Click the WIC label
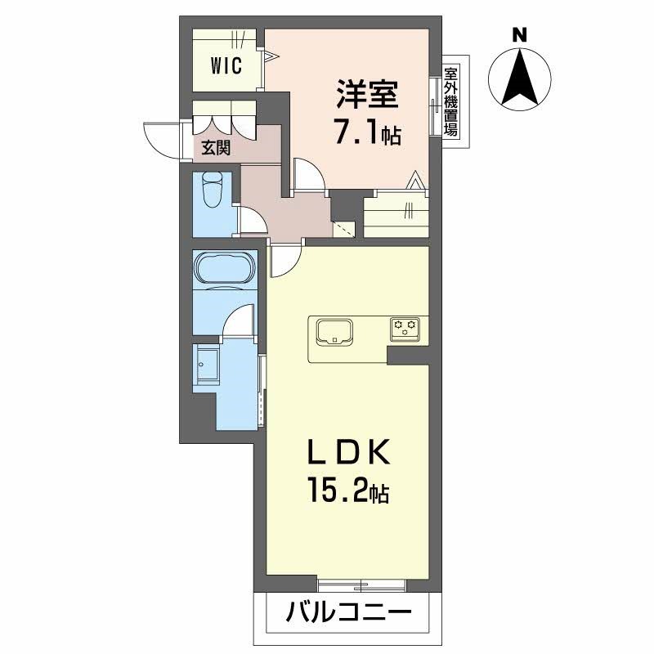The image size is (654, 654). coord(226,65)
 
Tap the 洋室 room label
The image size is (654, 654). coord(367,94)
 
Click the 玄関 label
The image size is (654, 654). coord(216,148)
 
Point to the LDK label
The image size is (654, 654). coord(349,452)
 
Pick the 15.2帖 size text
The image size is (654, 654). coord(349,490)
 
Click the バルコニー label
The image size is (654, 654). coord(349,612)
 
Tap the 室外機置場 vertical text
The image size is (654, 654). coord(450,101)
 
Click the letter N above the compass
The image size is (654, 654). coord(519,35)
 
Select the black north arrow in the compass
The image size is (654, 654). coord(520,78)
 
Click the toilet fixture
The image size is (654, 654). coord(213,190)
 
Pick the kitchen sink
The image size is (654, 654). coord(334,332)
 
